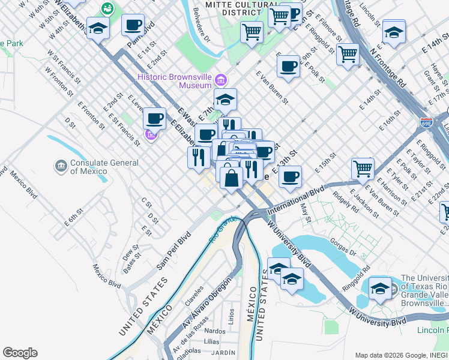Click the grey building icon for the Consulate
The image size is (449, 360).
(x=60, y=165)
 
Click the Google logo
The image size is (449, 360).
(x=20, y=353)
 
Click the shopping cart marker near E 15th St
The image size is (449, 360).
(x=363, y=169)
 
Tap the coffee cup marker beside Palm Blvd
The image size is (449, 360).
(x=133, y=26)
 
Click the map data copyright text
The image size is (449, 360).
(x=401, y=355)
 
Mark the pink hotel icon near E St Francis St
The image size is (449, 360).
(x=151, y=136)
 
